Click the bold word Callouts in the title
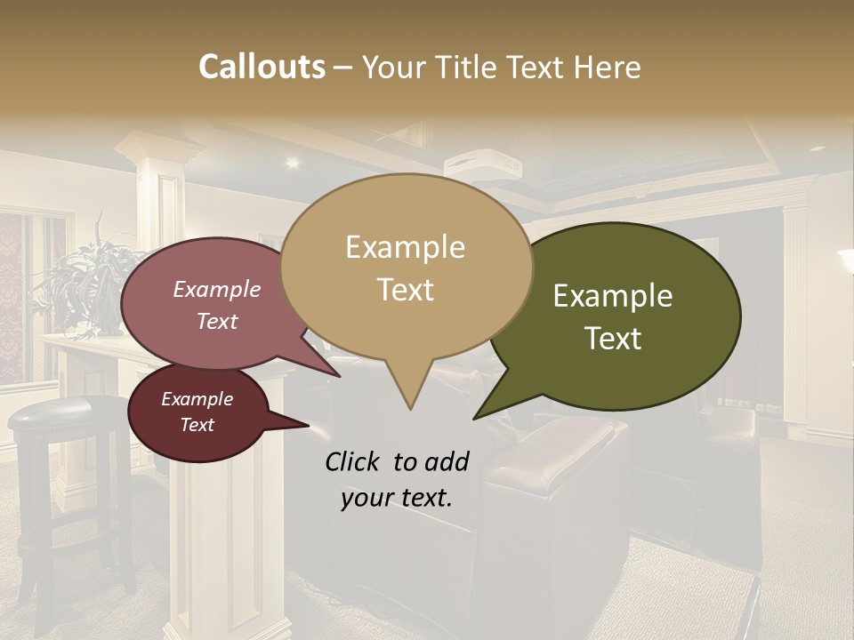[262, 67]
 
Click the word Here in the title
[606, 67]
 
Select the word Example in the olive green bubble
[613, 296]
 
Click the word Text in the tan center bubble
[406, 290]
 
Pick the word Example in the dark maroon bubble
[197, 399]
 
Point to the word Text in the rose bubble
[217, 321]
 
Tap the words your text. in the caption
[397, 498]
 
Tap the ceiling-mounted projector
[481, 167]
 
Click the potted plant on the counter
[89, 284]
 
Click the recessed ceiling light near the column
[292, 162]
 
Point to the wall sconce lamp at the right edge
[846, 262]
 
